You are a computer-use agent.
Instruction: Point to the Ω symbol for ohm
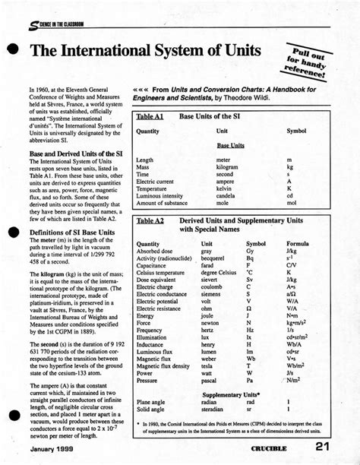[249, 309]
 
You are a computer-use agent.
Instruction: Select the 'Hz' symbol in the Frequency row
[250, 331]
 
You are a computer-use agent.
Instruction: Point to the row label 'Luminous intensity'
[162, 196]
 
